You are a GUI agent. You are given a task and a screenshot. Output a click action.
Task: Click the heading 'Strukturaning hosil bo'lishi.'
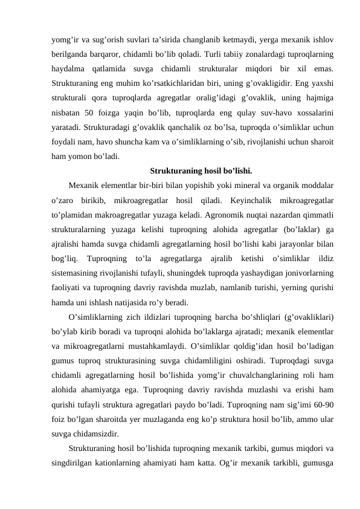click(201, 170)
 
